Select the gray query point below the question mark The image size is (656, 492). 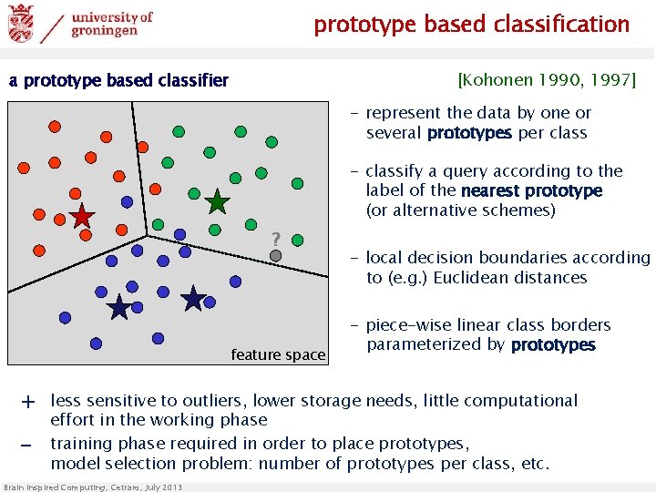coord(275,257)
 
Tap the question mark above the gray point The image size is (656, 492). coord(275,240)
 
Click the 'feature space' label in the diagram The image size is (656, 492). coord(278,355)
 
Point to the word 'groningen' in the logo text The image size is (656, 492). coord(105,30)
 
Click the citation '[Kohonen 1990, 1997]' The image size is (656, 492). coord(547,80)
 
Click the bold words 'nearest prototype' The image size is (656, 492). coord(531,190)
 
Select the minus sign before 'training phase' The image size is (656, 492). coord(28,446)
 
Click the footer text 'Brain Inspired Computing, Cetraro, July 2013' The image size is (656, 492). coord(93,487)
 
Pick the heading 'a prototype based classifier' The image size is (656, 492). coord(118,81)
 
